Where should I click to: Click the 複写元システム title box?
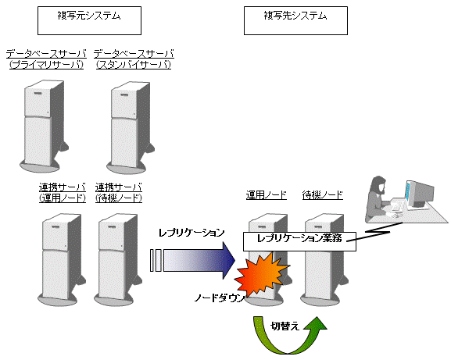(89, 20)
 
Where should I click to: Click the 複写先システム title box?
(295, 20)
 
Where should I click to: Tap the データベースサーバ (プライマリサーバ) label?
(46, 59)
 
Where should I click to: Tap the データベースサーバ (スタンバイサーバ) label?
(134, 59)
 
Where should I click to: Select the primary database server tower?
(44, 127)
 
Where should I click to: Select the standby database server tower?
(130, 127)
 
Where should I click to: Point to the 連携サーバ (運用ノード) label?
(63, 193)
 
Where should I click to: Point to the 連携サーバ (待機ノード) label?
(119, 193)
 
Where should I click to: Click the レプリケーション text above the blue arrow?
(191, 233)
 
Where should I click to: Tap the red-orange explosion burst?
(261, 275)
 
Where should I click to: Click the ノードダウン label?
(220, 298)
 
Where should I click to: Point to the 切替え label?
(285, 326)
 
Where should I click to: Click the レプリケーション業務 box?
(299, 241)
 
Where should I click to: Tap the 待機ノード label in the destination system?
(323, 195)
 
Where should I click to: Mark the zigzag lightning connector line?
(374, 232)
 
